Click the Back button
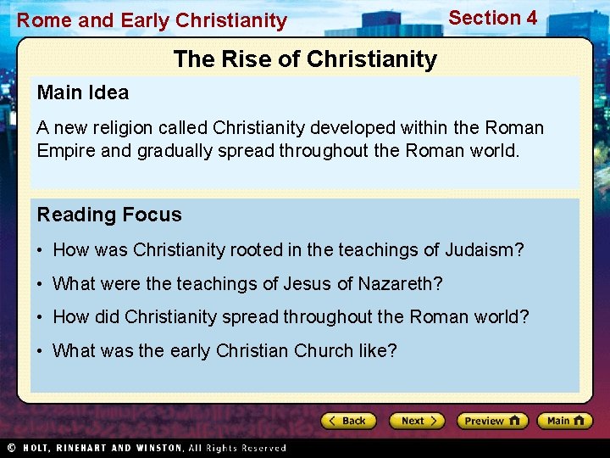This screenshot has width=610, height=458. pos(347,421)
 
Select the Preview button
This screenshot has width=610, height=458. pos(492,421)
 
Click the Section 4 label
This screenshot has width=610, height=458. pos(492,18)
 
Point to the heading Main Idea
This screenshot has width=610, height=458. pos(83,92)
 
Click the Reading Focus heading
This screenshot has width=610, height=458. pos(109,215)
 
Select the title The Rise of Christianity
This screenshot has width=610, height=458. pos(305,59)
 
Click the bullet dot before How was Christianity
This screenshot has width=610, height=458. pos(41,250)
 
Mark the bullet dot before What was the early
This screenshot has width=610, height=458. pos(41,350)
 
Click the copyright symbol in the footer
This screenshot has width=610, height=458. pos(11,448)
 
